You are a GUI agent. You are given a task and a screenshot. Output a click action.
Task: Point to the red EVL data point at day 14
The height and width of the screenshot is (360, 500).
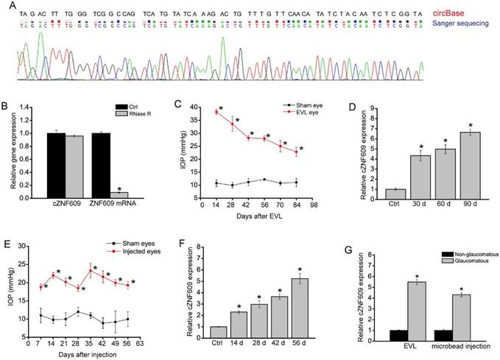pyautogui.click(x=216, y=112)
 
